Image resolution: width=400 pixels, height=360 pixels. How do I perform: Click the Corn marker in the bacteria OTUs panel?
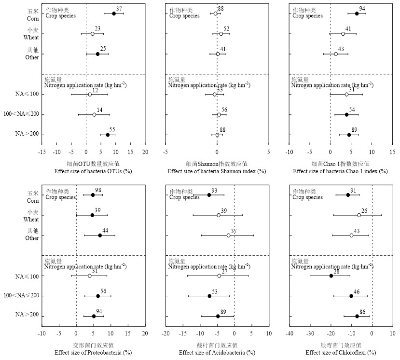pos(114,14)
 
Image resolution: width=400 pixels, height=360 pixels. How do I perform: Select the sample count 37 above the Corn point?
pos(119,9)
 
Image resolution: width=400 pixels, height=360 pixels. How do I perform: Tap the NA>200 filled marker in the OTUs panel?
pos(108,135)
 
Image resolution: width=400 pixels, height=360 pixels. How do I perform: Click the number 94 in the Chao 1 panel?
pos(362,9)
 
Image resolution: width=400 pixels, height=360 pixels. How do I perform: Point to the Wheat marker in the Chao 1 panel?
pos(343,34)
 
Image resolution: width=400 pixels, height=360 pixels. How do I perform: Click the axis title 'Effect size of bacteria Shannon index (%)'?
pos(217,171)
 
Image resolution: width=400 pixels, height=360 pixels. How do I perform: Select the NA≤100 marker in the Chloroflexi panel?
pos(331,276)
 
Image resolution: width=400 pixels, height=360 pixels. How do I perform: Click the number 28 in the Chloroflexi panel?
pos(336,272)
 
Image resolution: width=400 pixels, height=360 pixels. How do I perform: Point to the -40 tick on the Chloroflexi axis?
pos(290,333)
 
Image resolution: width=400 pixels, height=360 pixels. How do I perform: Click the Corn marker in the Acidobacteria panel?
pos(209,195)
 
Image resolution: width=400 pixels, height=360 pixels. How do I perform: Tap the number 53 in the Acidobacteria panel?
pos(215,291)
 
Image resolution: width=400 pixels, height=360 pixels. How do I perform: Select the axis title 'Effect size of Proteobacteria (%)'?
pos(93,352)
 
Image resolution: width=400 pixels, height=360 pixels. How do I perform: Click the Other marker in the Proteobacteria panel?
pos(100,235)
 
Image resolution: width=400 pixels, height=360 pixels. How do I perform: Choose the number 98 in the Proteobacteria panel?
pos(98,191)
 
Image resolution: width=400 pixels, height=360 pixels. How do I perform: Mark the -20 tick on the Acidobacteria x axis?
pos(166,333)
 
